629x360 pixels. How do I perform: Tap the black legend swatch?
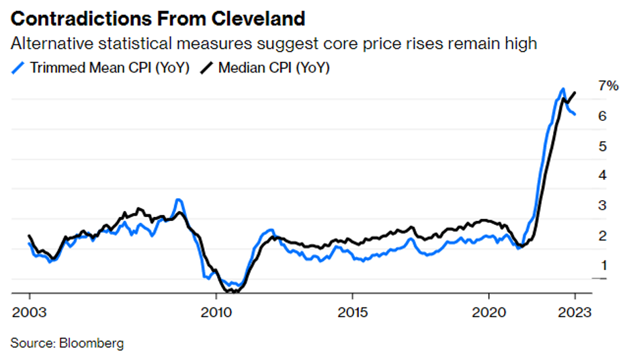(x=210, y=68)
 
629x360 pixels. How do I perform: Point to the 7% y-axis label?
(x=608, y=86)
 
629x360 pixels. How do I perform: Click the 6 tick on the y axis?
(x=603, y=116)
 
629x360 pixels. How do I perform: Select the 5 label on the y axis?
(x=603, y=146)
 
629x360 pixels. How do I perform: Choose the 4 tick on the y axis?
(x=603, y=175)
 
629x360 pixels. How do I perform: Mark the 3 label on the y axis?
(x=603, y=205)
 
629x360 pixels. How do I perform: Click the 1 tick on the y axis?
(x=603, y=265)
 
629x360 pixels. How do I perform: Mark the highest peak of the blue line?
(x=562, y=89)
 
